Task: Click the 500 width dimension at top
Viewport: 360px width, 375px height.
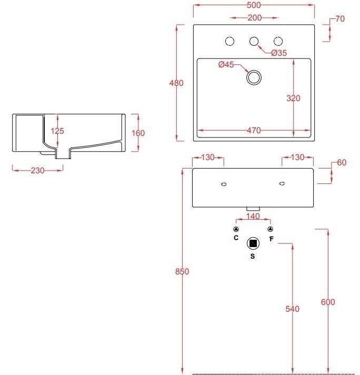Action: click(254, 5)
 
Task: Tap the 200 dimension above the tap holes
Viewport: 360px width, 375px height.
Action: click(254, 18)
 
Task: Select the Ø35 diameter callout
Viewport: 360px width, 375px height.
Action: click(279, 53)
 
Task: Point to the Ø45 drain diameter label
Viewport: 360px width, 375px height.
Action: click(226, 65)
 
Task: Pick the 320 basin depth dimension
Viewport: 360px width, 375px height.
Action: click(294, 98)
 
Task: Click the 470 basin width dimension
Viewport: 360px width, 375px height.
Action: click(254, 131)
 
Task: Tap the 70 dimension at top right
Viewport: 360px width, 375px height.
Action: click(340, 19)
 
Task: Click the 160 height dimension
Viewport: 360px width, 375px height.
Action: click(138, 133)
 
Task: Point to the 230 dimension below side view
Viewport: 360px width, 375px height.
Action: click(37, 170)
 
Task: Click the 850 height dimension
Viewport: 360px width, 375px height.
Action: click(182, 272)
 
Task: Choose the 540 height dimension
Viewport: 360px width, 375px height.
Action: click(293, 309)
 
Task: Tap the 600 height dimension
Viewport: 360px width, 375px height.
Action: click(328, 302)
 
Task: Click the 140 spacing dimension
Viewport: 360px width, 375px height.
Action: click(253, 216)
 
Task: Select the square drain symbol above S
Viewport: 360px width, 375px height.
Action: click(253, 243)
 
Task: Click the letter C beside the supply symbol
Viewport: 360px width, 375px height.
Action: click(236, 239)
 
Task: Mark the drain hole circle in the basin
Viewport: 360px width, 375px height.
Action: click(254, 77)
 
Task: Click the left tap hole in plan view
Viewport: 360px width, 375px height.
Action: click(229, 41)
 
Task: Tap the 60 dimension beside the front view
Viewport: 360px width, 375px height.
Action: click(342, 162)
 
